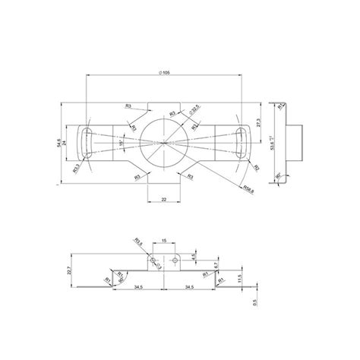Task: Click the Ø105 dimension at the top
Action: pyautogui.click(x=165, y=71)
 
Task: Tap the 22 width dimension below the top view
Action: pyautogui.click(x=165, y=199)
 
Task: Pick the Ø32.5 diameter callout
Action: pyautogui.click(x=194, y=111)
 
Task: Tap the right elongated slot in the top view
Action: pyautogui.click(x=242, y=142)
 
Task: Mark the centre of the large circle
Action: pyautogui.click(x=165, y=142)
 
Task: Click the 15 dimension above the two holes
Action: pyautogui.click(x=165, y=242)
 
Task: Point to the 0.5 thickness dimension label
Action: pyautogui.click(x=255, y=301)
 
